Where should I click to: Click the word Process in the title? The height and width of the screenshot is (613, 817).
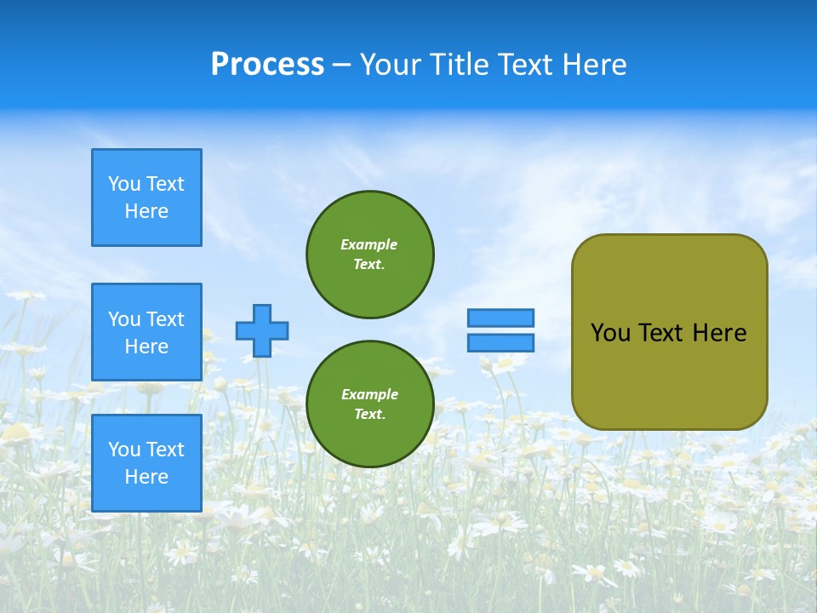267,65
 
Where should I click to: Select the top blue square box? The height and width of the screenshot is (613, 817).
146,198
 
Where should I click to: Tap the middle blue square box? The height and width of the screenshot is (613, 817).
146,332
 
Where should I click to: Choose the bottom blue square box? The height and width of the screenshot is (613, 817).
146,463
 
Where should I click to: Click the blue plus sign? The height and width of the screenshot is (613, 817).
262,330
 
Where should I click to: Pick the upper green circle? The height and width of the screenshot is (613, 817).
370,255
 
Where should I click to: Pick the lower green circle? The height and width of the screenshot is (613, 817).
370,404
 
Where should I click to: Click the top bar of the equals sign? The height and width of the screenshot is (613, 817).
500,318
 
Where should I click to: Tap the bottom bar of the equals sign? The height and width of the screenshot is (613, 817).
500,342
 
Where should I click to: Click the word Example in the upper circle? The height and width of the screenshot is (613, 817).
369,244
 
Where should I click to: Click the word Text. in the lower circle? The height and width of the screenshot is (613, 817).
369,415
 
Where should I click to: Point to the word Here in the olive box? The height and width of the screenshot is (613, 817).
719,333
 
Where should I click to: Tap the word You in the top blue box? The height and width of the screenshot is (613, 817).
124,184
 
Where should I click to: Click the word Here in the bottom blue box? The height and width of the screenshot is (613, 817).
146,477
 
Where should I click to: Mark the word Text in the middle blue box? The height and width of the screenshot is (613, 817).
165,319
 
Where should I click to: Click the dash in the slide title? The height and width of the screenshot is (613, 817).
341,65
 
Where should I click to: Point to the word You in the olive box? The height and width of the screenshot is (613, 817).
610,333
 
